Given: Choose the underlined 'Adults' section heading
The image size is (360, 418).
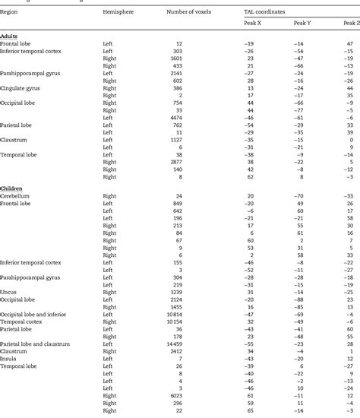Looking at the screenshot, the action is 11,36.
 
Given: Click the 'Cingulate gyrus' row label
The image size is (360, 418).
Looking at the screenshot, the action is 24,88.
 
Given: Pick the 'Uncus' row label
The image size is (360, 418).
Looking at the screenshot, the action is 10,291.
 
